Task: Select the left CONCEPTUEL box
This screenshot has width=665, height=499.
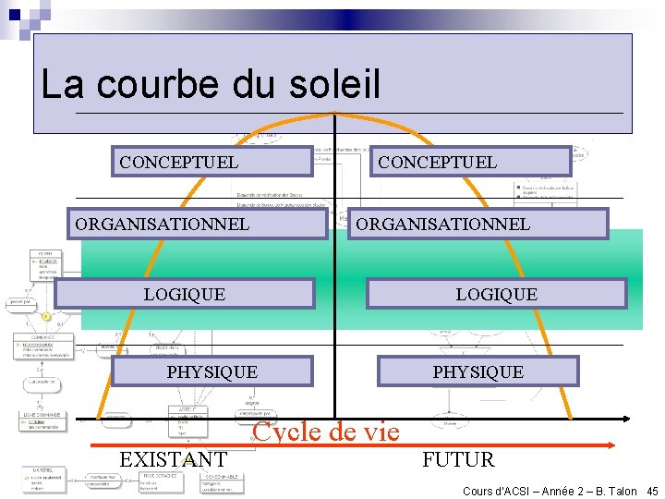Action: coord(212,162)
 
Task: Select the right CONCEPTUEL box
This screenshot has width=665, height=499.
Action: coord(472,162)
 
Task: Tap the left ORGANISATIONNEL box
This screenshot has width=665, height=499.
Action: coord(200,224)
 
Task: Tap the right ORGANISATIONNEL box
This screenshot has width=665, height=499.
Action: coord(478,224)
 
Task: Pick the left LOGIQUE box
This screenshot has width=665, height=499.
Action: coord(185,294)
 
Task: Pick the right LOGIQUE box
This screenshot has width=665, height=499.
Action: coord(497,294)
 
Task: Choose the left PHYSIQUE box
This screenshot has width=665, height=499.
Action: coord(212,371)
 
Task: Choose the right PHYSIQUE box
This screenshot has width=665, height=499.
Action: coord(478,371)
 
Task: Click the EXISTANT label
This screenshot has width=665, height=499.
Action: coord(174,459)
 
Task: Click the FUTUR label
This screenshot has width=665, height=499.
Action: coord(458,459)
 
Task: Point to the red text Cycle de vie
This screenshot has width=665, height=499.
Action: coord(326,432)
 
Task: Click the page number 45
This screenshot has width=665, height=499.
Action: coord(652,491)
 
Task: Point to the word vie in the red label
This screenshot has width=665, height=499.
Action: coord(380,432)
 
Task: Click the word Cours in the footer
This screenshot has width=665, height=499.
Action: coord(478,491)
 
